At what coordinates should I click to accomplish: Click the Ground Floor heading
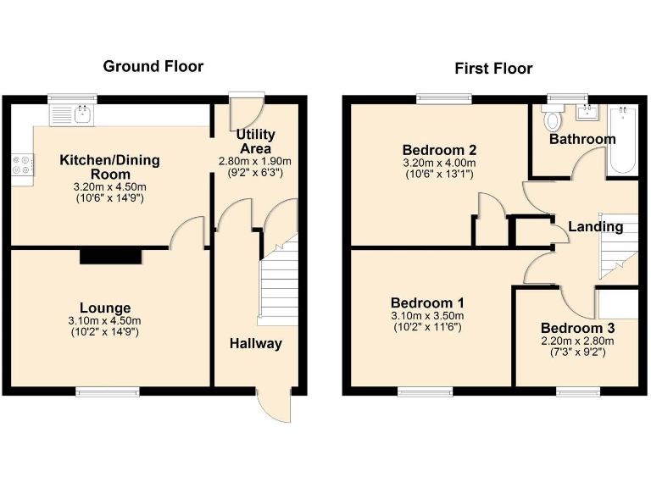tap(153, 66)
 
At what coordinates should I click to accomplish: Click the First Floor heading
tap(493, 69)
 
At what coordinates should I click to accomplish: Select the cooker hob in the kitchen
tap(23, 166)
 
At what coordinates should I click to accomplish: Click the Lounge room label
tap(105, 308)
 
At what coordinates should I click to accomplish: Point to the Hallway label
tap(255, 343)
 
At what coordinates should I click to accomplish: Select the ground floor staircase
tap(277, 288)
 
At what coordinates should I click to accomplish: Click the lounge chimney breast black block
tap(107, 256)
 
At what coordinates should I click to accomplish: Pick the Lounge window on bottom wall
tap(107, 391)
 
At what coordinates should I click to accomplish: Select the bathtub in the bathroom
tap(621, 141)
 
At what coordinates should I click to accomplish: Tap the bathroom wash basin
tap(587, 113)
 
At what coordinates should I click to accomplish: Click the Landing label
tap(595, 226)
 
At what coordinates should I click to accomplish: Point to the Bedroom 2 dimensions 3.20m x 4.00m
tap(438, 164)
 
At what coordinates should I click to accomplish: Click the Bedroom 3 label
tap(577, 328)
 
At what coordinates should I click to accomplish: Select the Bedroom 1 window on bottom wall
tap(426, 391)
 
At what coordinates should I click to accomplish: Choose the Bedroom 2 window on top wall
tap(439, 99)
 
